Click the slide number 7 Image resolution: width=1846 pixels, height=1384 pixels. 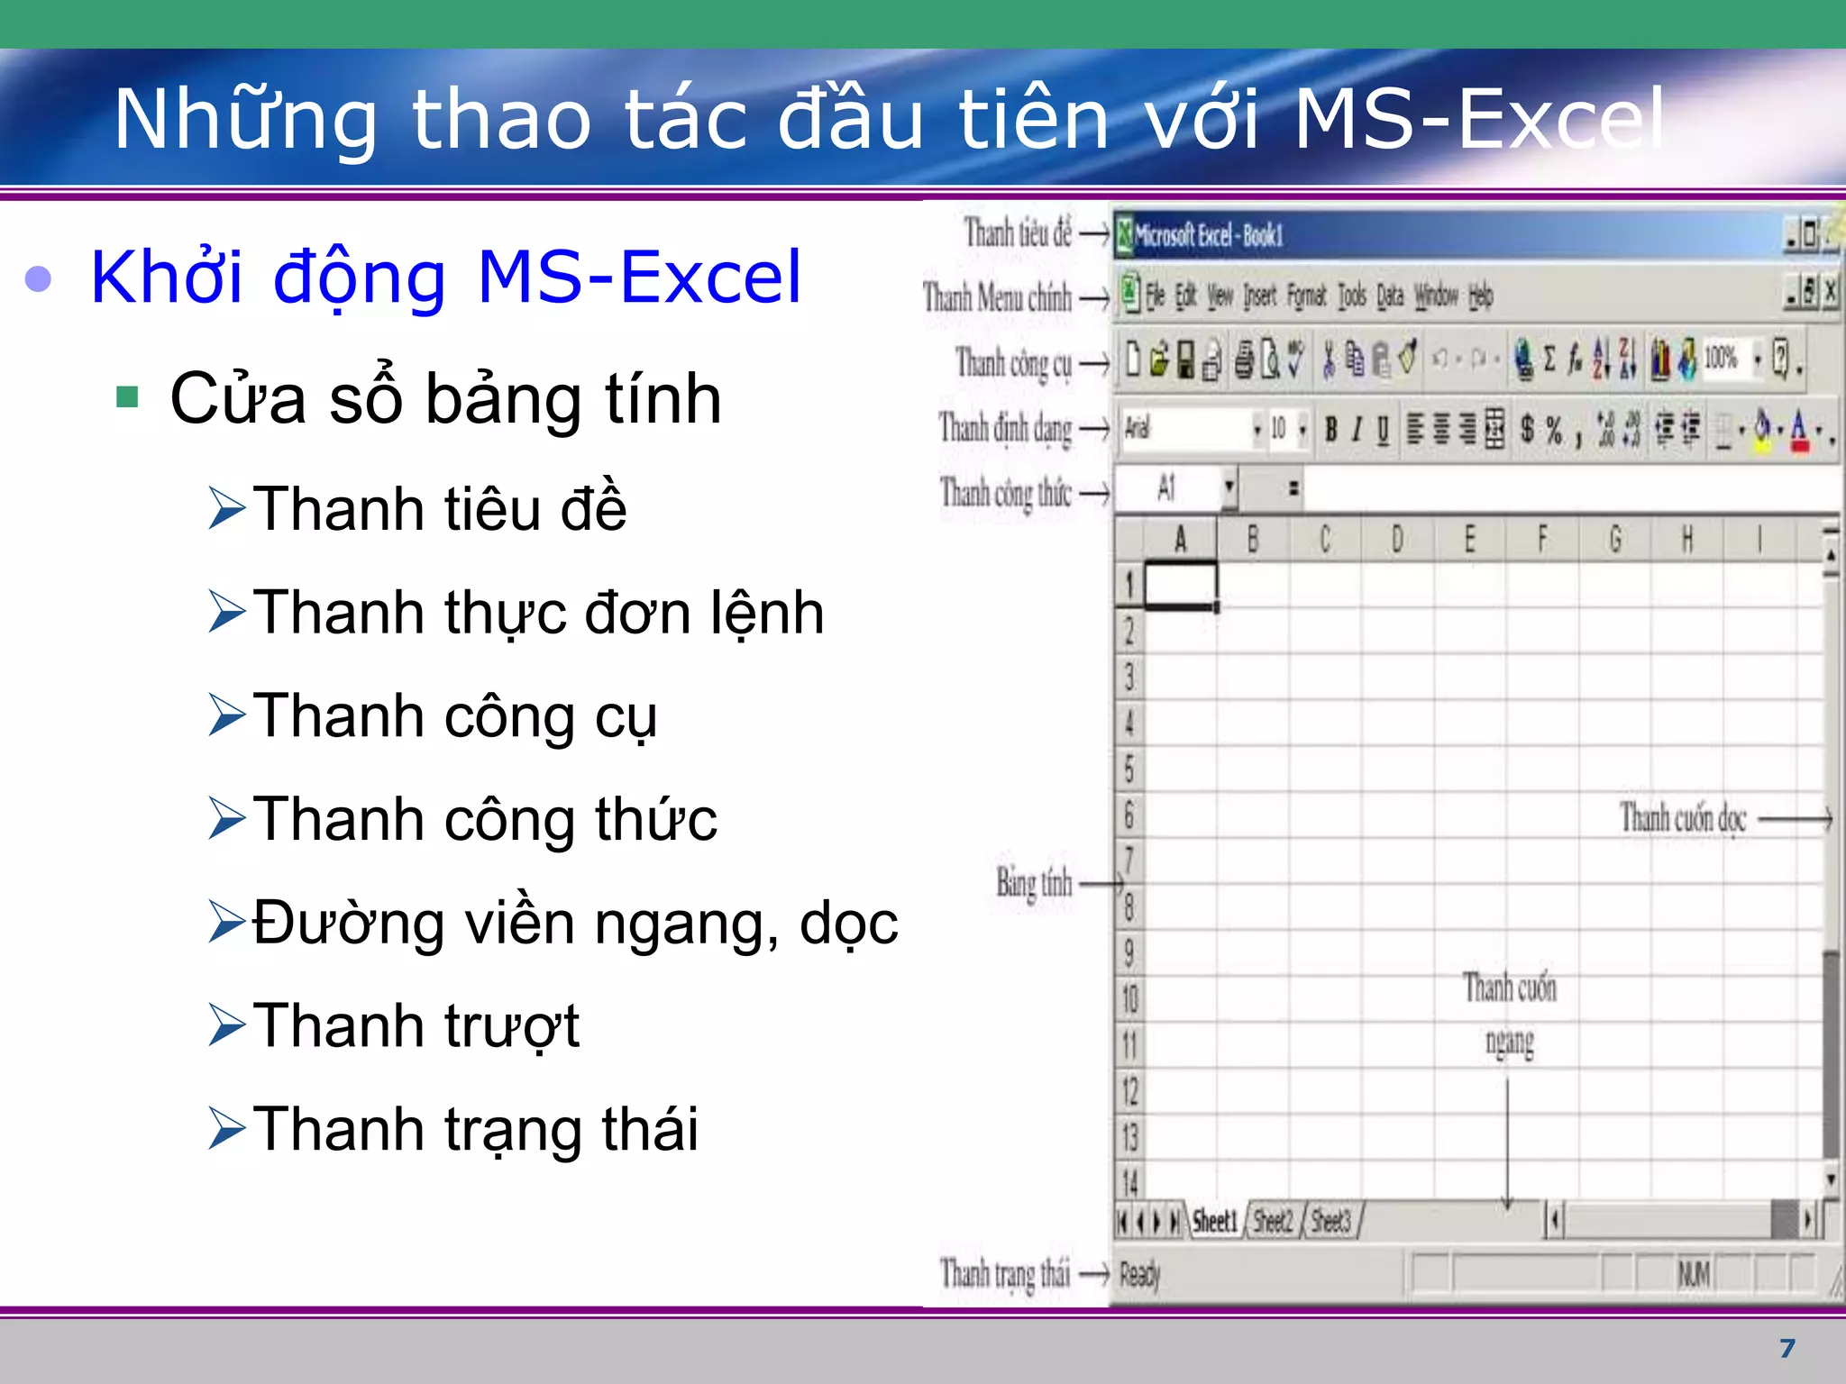pos(1787,1348)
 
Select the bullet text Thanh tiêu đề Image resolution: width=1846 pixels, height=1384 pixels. pos(439,508)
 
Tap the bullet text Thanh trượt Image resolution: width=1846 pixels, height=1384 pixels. pos(416,1026)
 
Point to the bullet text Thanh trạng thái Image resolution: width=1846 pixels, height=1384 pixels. pos(475,1130)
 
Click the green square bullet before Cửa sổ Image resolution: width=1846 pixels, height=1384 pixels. pos(127,397)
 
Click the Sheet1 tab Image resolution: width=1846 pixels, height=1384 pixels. pos(1214,1222)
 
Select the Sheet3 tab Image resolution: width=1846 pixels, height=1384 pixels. pos(1330,1222)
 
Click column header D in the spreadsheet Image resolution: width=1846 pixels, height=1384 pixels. pos(1397,540)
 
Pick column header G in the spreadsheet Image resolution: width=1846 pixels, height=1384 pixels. pos(1614,540)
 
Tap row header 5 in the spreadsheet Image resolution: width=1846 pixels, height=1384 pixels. pos(1129,769)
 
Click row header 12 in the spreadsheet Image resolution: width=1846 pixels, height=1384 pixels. pos(1129,1092)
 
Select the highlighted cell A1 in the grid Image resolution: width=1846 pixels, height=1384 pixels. pos(1180,586)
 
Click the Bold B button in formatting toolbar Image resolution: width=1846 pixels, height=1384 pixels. pos(1330,430)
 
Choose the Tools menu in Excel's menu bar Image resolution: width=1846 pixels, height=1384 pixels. pos(1351,296)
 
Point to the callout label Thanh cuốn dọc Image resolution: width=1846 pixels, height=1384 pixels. pos(1682,818)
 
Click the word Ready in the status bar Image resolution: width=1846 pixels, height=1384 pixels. pos(1139,1274)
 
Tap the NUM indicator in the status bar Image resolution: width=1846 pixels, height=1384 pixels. pos(1694,1274)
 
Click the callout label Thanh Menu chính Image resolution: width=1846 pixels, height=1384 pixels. pos(997,297)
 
